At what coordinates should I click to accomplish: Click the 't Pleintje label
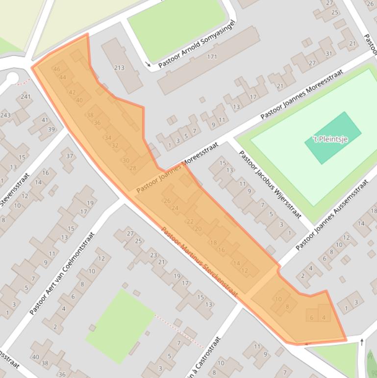(330, 139)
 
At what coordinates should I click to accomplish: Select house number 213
(119, 68)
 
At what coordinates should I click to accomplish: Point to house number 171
(212, 57)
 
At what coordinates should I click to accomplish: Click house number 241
(25, 97)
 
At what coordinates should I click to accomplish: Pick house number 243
(5, 115)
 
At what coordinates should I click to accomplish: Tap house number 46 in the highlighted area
(57, 69)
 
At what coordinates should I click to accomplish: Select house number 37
(70, 156)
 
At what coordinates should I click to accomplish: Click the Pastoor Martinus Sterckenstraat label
(199, 262)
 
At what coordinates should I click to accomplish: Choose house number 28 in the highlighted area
(132, 168)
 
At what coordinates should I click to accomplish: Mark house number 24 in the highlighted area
(175, 208)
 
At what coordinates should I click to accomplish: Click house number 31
(328, 54)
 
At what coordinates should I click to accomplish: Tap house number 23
(153, 255)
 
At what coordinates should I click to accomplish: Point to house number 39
(51, 130)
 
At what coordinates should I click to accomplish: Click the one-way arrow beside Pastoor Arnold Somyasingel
(149, 64)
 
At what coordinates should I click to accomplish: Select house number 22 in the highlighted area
(190, 221)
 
